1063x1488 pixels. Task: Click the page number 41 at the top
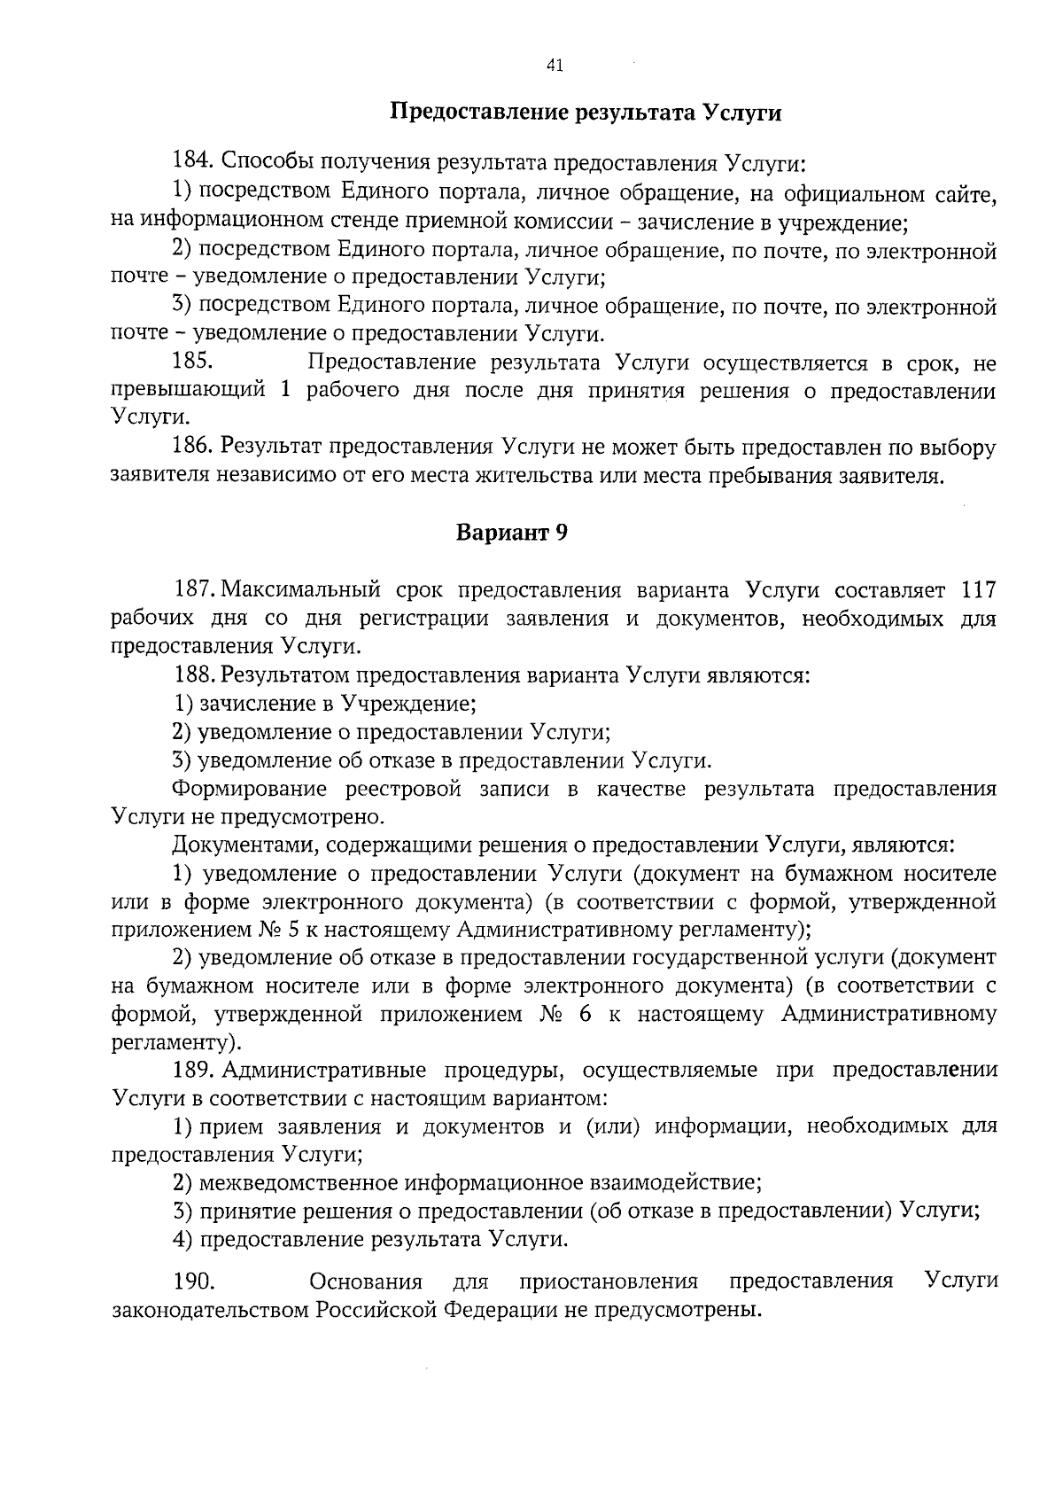click(555, 65)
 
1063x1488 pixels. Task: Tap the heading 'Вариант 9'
click(511, 533)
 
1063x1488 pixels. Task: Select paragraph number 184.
click(193, 162)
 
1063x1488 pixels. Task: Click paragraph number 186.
click(193, 448)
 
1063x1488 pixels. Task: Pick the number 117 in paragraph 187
click(978, 590)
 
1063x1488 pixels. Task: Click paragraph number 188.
click(195, 675)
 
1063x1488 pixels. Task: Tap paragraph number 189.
click(195, 1070)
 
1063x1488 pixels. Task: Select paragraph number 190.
click(193, 1282)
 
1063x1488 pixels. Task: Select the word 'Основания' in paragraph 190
click(365, 1282)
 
